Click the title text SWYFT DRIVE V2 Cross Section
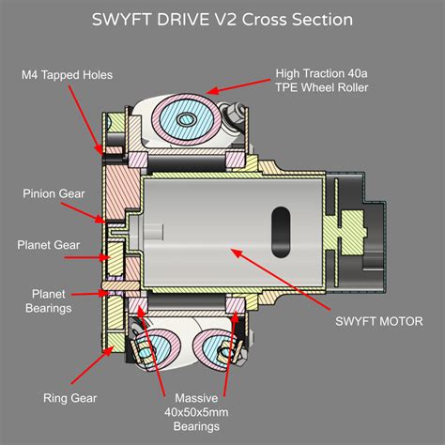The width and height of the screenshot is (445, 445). coord(222,20)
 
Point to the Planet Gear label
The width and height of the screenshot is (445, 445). coord(46,246)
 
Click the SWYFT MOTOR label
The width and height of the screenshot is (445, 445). coord(378,321)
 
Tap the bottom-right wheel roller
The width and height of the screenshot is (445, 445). coord(212,348)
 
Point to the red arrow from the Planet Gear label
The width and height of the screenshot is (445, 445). coord(90,253)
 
